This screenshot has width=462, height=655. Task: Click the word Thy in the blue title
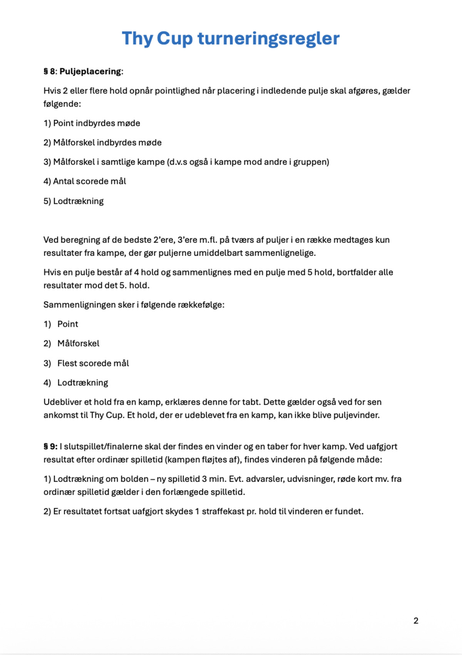(x=137, y=38)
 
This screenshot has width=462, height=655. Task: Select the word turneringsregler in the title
(x=268, y=38)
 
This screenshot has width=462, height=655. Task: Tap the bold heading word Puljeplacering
(x=90, y=72)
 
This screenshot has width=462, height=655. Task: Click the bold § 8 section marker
(x=49, y=72)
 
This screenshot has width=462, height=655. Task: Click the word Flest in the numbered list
(x=67, y=363)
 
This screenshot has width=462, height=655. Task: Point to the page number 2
(x=416, y=621)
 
